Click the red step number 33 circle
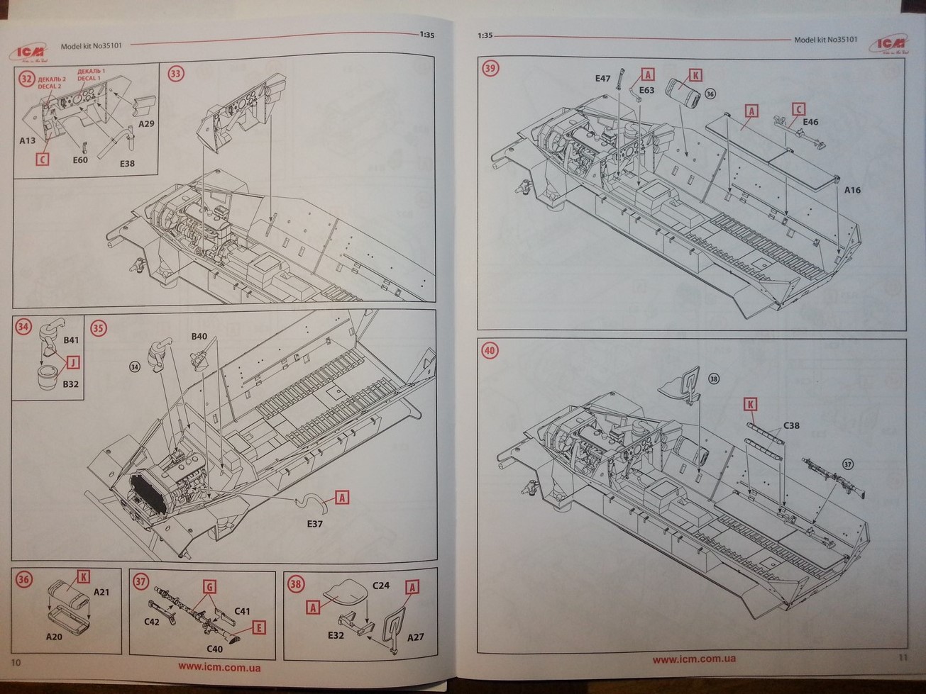coord(175,72)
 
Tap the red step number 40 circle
coord(490,350)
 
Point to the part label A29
coord(146,124)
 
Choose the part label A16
coord(851,190)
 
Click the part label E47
coord(602,79)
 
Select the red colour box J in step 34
coord(71,362)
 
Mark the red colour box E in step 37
coord(258,627)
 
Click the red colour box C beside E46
coord(798,109)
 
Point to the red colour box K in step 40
coord(750,404)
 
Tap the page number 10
coord(17,661)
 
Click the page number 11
coord(903,657)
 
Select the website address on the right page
coord(693,659)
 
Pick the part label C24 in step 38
coord(381,586)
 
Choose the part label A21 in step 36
coord(102,593)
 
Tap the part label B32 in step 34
coord(70,384)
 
